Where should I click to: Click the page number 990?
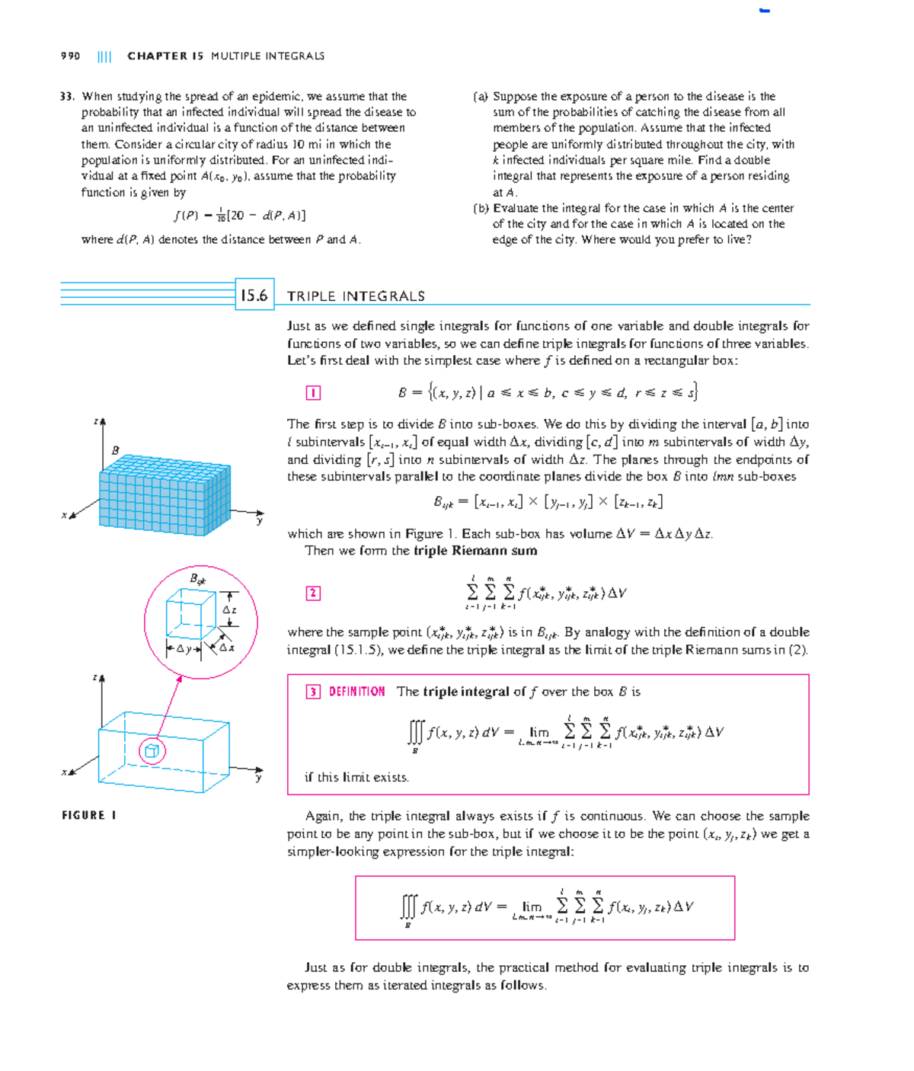pos(70,56)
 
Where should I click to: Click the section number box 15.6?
pos(254,295)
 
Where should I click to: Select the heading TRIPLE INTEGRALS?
pos(356,296)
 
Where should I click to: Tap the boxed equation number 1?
pos(313,393)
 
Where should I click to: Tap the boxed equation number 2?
pos(313,593)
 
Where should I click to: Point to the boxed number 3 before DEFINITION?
pos(313,692)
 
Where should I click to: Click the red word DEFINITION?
pos(356,692)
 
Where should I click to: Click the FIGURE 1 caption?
pos(89,815)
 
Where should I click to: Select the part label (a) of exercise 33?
pos(481,97)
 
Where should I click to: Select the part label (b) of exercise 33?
pos(481,208)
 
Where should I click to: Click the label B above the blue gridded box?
pos(115,450)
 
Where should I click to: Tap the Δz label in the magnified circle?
pos(229,610)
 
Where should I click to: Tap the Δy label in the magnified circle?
pos(184,649)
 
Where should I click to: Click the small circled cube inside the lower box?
pos(152,751)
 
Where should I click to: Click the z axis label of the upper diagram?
pos(96,421)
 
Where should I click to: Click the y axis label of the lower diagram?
pos(259,778)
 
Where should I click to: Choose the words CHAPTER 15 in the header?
pos(165,56)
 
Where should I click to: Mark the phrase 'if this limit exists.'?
pos(356,777)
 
